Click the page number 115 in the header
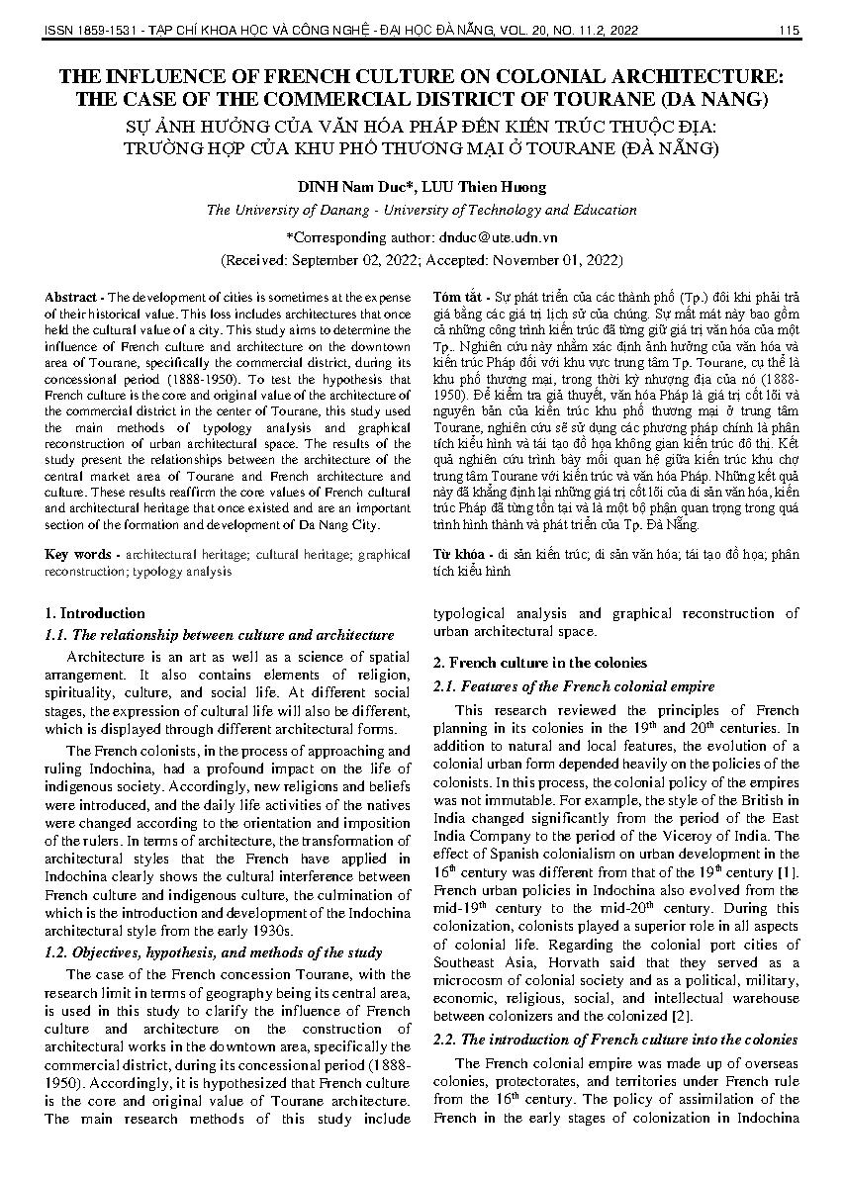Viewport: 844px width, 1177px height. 789,31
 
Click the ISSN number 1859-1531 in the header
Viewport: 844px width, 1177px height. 109,31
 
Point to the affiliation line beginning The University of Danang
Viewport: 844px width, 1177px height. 422,210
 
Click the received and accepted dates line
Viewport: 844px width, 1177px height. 422,260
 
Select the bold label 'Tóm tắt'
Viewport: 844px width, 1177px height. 458,298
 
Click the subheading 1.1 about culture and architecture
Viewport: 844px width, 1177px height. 220,635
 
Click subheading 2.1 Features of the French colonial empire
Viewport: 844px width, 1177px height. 574,685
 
